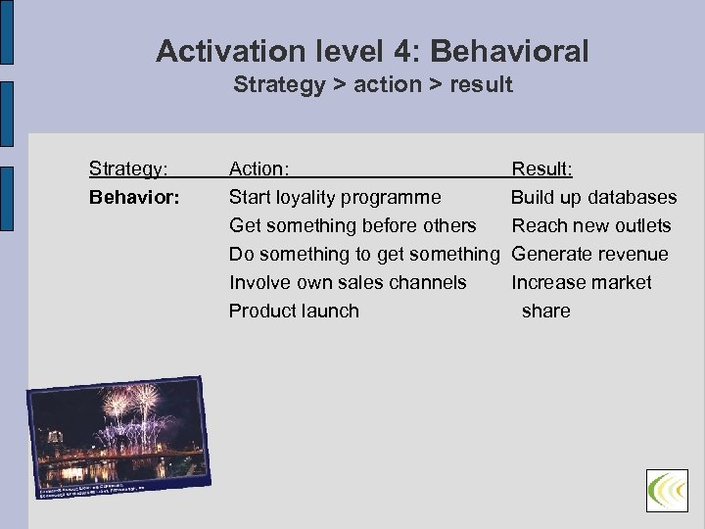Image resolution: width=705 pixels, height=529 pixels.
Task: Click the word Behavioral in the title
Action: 508,51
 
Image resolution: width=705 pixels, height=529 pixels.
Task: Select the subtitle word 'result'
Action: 481,84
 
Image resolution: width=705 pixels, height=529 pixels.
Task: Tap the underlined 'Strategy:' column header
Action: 127,168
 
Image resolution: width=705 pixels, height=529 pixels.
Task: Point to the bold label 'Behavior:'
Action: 134,197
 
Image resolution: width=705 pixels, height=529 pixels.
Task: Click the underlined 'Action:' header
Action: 258,168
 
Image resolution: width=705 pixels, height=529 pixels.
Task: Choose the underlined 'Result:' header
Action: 542,168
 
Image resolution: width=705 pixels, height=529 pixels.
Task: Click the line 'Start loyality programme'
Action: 335,197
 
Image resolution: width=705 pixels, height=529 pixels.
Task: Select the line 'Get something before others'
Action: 352,225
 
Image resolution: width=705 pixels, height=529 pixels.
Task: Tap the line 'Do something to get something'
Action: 364,254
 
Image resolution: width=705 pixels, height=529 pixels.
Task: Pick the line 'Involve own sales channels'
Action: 348,282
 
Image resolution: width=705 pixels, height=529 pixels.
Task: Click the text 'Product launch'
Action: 294,311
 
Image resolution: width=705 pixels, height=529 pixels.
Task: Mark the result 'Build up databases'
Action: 593,197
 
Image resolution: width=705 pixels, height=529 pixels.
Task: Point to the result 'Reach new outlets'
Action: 591,225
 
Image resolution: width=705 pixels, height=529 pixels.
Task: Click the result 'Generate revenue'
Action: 589,254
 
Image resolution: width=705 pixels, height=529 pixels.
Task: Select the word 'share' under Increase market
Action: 545,311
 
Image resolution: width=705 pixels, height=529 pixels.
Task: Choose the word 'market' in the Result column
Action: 619,282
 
